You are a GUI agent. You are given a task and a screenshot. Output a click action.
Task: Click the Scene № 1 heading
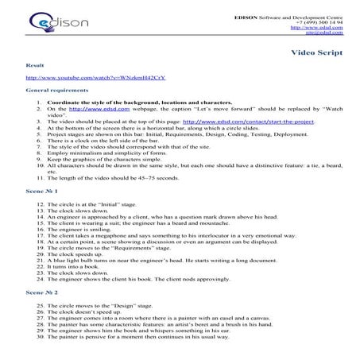(x=41, y=192)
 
